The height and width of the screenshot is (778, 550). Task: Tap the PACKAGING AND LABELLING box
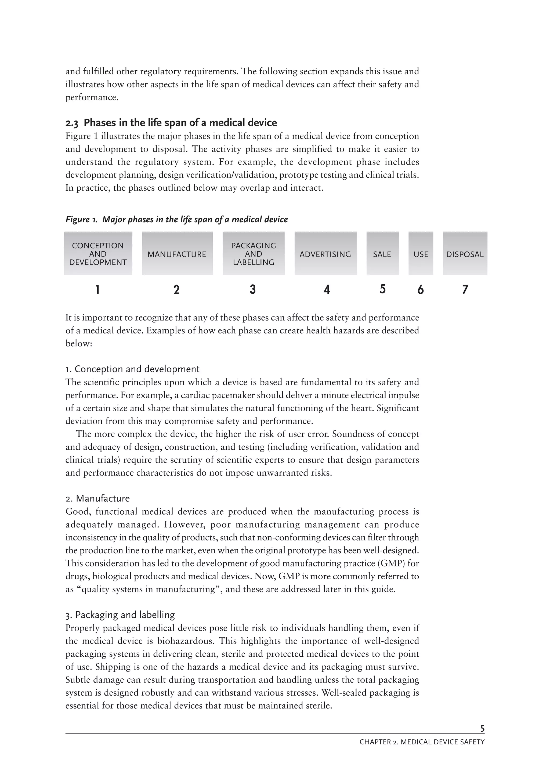coord(254,254)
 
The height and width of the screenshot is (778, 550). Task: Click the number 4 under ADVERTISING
coord(326,290)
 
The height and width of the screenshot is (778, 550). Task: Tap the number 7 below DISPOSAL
coord(465,290)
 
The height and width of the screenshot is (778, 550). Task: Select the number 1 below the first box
coord(97,290)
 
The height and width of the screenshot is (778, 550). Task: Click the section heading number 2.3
coord(71,123)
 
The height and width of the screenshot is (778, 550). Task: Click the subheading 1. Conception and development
coord(132,369)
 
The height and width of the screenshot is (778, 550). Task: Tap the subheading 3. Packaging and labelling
coord(120,615)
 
